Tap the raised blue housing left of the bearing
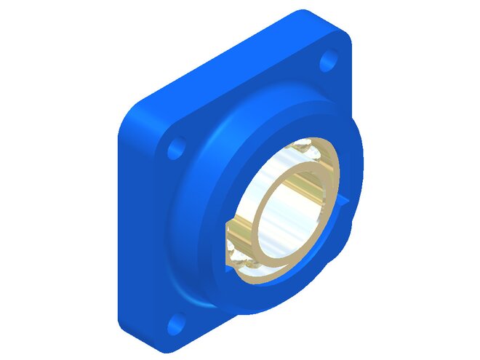pos(200,211)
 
